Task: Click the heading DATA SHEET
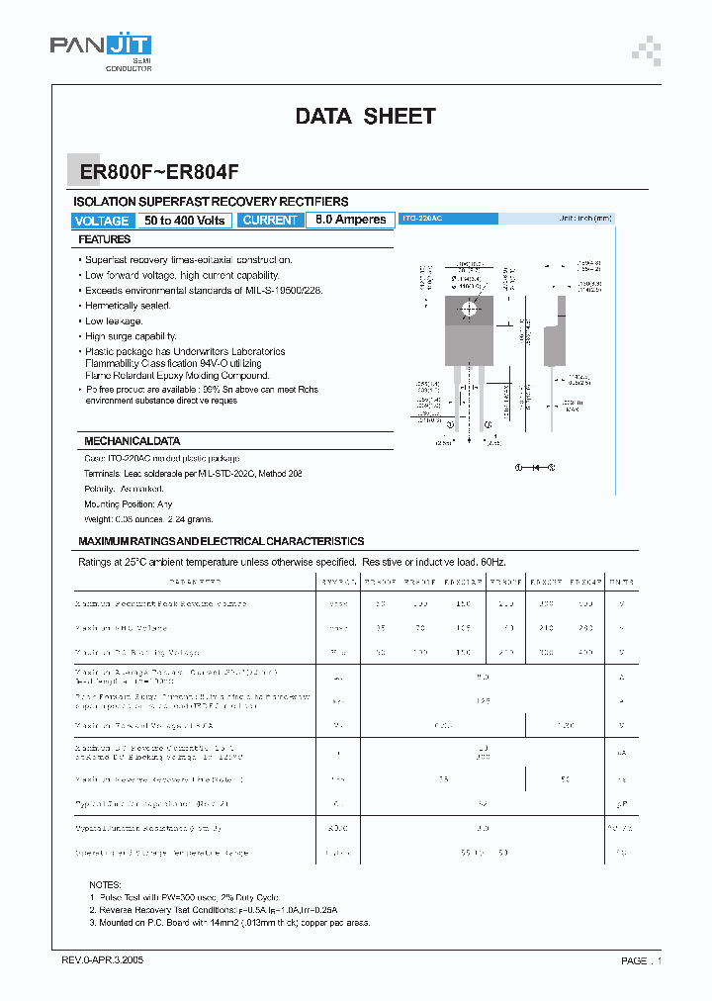click(365, 117)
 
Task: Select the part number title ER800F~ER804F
click(159, 170)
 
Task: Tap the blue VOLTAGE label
click(102, 221)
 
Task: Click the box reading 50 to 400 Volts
click(185, 221)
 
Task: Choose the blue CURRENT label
click(270, 221)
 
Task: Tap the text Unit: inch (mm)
click(585, 218)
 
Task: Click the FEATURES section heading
click(105, 239)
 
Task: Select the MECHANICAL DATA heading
click(132, 441)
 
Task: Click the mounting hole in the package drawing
click(467, 309)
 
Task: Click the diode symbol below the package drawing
click(534, 466)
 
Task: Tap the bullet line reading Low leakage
click(114, 321)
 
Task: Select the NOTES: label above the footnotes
click(104, 884)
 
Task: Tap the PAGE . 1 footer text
click(641, 960)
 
